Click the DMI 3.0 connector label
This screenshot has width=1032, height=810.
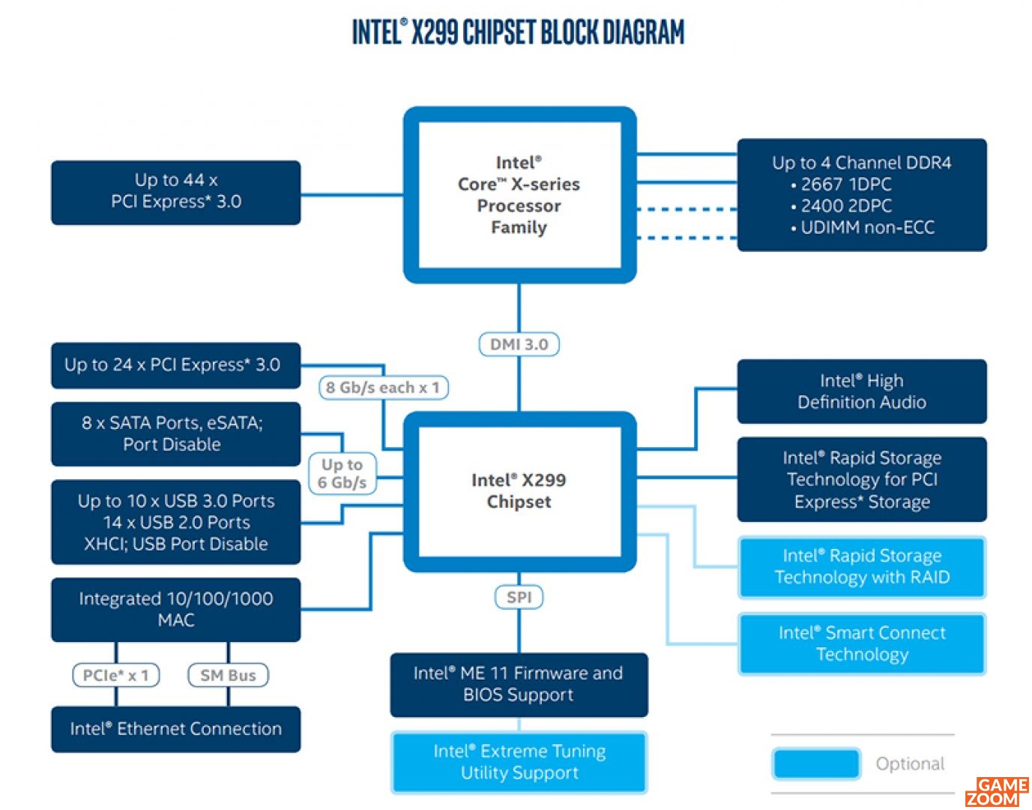pyautogui.click(x=519, y=344)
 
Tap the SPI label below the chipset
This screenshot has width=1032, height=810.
pyautogui.click(x=519, y=597)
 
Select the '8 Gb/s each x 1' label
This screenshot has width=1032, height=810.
pyautogui.click(x=383, y=387)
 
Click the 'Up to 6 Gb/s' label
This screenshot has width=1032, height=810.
pyautogui.click(x=343, y=473)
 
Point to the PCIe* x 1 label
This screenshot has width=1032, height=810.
pyautogui.click(x=116, y=674)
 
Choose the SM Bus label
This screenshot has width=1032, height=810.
pyautogui.click(x=228, y=674)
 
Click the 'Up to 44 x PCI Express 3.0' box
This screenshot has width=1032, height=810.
pyautogui.click(x=175, y=193)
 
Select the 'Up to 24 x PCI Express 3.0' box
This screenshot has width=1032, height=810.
pyautogui.click(x=175, y=365)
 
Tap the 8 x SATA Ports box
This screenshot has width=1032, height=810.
pyautogui.click(x=175, y=433)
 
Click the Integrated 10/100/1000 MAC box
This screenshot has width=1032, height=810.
pyautogui.click(x=175, y=610)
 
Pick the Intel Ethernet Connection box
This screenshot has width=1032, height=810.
pyautogui.click(x=175, y=729)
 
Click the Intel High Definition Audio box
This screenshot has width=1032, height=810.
pyautogui.click(x=862, y=391)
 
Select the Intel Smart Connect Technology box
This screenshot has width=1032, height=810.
pyautogui.click(x=862, y=643)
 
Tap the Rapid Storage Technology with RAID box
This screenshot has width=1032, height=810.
pyautogui.click(x=862, y=567)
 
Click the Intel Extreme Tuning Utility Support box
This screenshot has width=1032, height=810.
pyautogui.click(x=519, y=762)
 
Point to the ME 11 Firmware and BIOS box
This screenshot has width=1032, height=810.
pyautogui.click(x=519, y=685)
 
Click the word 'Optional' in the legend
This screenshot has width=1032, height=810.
pyautogui.click(x=910, y=763)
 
